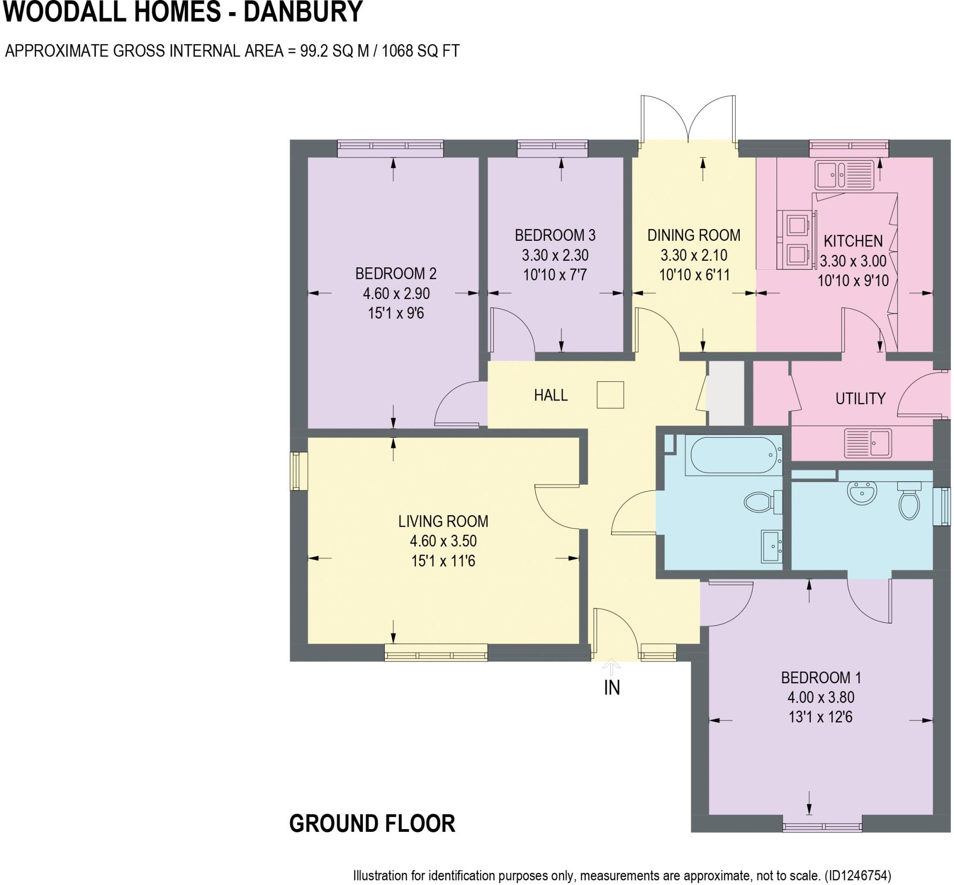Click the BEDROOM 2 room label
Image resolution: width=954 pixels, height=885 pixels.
(x=395, y=273)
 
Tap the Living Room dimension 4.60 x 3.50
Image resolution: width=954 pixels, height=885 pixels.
(x=443, y=541)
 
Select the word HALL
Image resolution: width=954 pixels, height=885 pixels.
(x=551, y=395)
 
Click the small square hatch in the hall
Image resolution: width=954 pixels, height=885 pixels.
(x=610, y=395)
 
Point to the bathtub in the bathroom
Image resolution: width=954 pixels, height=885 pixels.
(x=733, y=455)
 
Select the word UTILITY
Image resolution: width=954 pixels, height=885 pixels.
(x=860, y=398)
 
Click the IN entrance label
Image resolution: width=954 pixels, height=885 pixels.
(x=612, y=688)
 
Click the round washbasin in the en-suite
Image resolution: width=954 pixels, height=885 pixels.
(x=862, y=493)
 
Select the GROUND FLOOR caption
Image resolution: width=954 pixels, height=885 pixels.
(x=372, y=823)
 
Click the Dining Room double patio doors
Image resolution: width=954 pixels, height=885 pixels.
(x=688, y=120)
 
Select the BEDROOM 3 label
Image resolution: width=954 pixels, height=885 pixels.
(x=555, y=235)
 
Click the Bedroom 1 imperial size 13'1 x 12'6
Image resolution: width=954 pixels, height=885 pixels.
(x=820, y=717)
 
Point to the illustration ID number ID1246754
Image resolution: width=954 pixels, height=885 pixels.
(x=857, y=876)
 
